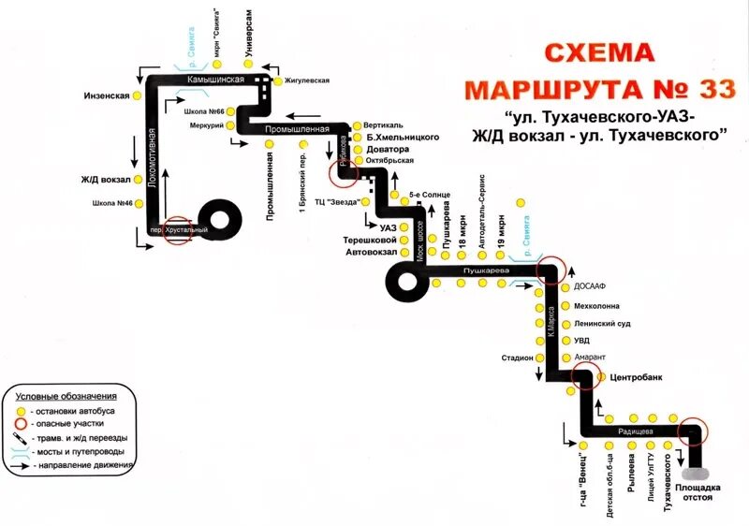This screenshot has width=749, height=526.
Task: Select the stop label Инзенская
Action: click(106, 95)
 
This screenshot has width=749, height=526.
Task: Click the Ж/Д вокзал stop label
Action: click(106, 179)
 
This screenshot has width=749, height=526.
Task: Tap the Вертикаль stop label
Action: click(383, 124)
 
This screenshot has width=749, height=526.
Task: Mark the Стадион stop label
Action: click(517, 358)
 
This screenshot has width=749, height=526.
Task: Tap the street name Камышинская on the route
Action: click(215, 80)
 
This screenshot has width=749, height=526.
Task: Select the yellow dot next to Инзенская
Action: click(137, 95)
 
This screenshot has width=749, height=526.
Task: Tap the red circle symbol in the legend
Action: click(21, 424)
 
